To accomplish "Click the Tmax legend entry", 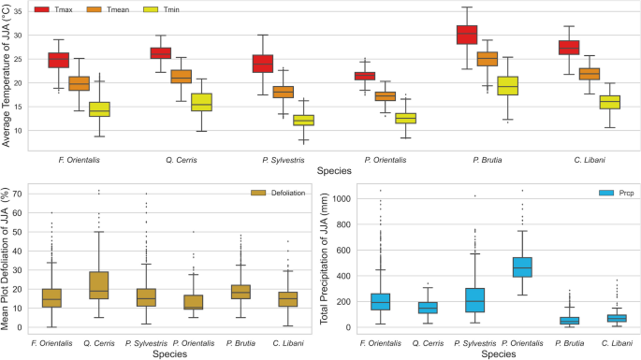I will pyautogui.click(x=28, y=9).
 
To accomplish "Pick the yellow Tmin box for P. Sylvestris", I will pyautogui.click(x=302, y=120).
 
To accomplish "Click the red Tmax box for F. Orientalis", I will pyautogui.click(x=59, y=60).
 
